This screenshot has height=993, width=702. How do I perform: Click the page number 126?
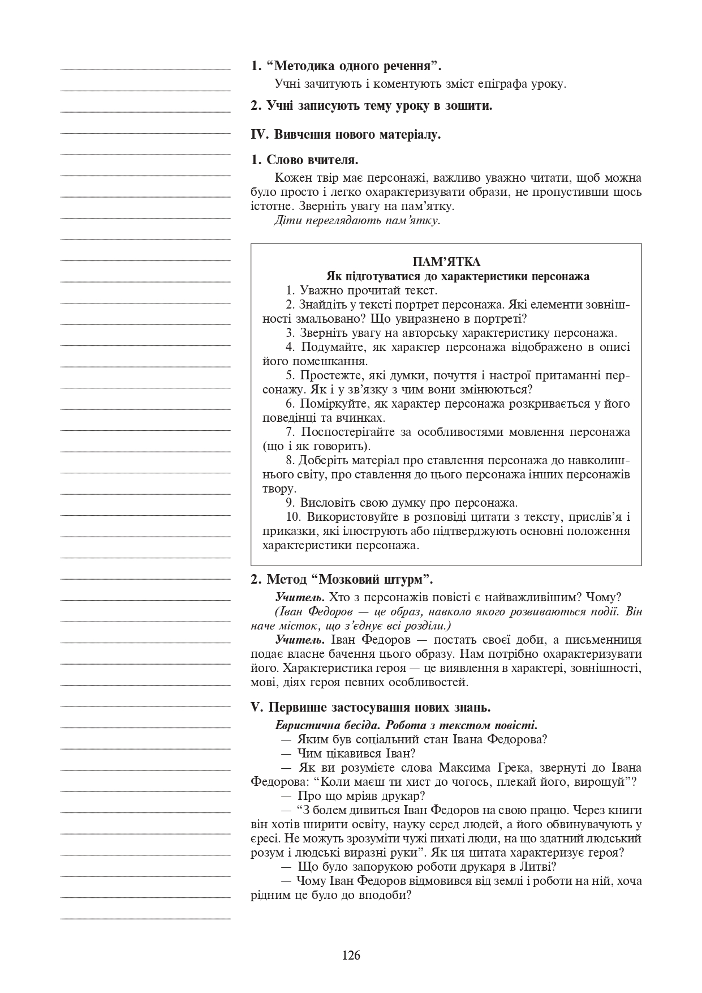351,956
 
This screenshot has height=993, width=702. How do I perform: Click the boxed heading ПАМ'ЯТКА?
446,262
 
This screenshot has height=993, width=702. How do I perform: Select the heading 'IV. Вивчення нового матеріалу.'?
346,135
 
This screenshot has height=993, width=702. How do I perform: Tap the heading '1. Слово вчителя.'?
305,160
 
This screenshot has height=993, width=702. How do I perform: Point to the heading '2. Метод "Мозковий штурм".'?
342,579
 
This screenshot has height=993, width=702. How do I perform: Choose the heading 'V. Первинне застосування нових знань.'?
371,708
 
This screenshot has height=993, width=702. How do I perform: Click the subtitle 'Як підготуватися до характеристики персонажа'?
458,276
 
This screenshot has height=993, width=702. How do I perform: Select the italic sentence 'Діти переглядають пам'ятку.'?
357,220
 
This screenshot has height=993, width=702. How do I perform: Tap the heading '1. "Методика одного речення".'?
346,66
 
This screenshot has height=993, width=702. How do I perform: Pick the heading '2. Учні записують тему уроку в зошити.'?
372,105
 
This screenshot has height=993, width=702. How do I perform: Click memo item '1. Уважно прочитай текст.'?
361,290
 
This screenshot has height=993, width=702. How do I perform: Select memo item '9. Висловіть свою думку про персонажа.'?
402,503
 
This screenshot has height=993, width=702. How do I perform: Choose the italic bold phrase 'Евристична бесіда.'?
321,725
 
